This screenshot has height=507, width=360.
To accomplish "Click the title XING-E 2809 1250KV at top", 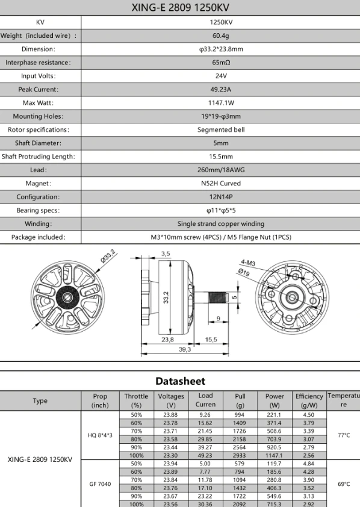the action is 181,7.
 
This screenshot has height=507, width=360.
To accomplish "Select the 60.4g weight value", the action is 221,36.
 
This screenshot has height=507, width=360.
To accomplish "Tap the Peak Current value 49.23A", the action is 221,89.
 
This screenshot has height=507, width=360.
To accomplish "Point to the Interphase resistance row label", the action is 38,63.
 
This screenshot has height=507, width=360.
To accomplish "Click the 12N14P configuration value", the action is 221,196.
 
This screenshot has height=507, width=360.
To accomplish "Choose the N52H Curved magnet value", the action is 221,183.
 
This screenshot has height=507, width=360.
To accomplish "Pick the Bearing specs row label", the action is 38,210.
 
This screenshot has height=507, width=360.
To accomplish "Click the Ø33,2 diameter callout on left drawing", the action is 108,256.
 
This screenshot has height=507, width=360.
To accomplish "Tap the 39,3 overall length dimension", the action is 185,349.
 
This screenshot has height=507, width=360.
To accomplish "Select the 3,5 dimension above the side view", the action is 166,254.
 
